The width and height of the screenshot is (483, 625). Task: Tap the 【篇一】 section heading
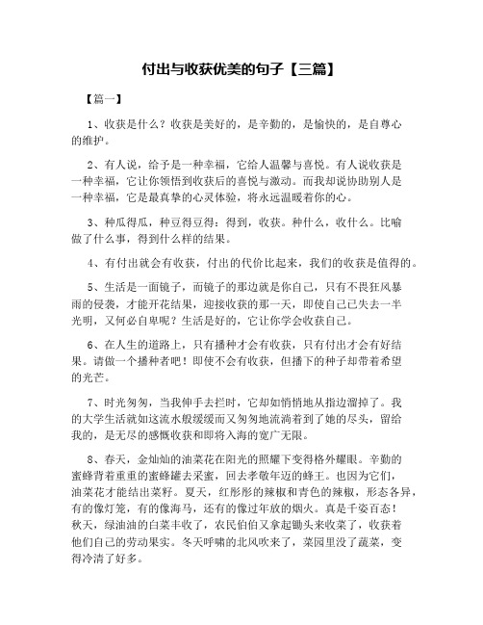click(103, 98)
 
